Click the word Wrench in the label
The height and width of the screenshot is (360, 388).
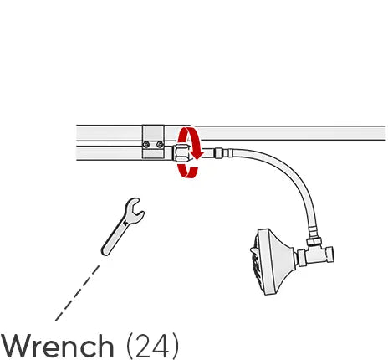click(58, 346)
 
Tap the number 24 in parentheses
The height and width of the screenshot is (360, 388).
click(152, 345)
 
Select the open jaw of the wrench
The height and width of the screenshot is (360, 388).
click(135, 210)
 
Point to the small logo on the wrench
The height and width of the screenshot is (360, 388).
click(125, 223)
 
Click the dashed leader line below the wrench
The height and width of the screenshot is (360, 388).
click(78, 293)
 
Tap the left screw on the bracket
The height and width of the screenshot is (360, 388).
click(146, 145)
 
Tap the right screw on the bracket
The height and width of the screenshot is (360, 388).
click(160, 145)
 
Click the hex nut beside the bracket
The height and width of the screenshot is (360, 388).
click(181, 153)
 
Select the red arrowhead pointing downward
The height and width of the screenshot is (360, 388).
click(197, 155)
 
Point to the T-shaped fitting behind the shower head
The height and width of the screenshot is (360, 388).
click(315, 254)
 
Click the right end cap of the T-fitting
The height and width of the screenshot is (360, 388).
click(330, 255)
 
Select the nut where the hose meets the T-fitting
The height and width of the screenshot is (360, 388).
click(314, 241)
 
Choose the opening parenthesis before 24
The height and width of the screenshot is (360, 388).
click(130, 346)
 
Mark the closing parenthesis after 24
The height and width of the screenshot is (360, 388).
click(175, 346)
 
